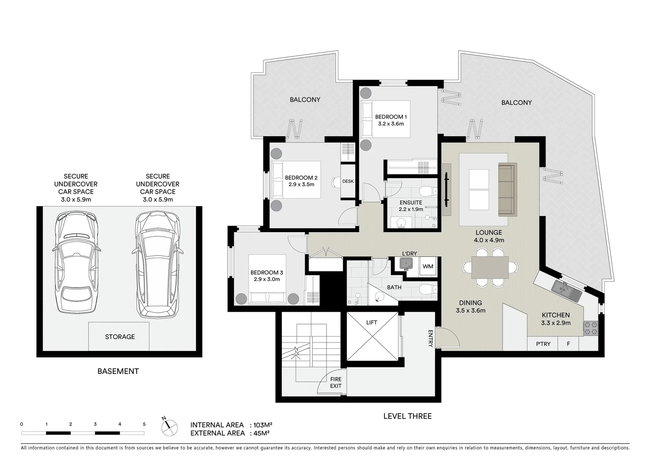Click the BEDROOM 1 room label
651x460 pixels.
[391, 117]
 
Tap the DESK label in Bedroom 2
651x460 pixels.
[348, 181]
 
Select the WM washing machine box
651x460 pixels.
[427, 267]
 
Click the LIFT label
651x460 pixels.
[371, 322]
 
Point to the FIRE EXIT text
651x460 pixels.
[336, 382]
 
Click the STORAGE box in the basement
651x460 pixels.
[120, 336]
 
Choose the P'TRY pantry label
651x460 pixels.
[543, 344]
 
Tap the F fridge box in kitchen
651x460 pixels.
[568, 344]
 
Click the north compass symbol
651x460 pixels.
[169, 425]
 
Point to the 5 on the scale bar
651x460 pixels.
[144, 424]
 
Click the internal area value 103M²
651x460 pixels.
[262, 425]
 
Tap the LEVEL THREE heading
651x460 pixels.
[407, 416]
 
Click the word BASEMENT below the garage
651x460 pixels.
[118, 371]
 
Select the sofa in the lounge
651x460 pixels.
[507, 189]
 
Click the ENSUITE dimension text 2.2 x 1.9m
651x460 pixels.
[411, 209]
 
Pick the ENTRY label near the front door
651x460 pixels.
[430, 338]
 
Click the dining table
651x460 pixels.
[490, 267]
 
